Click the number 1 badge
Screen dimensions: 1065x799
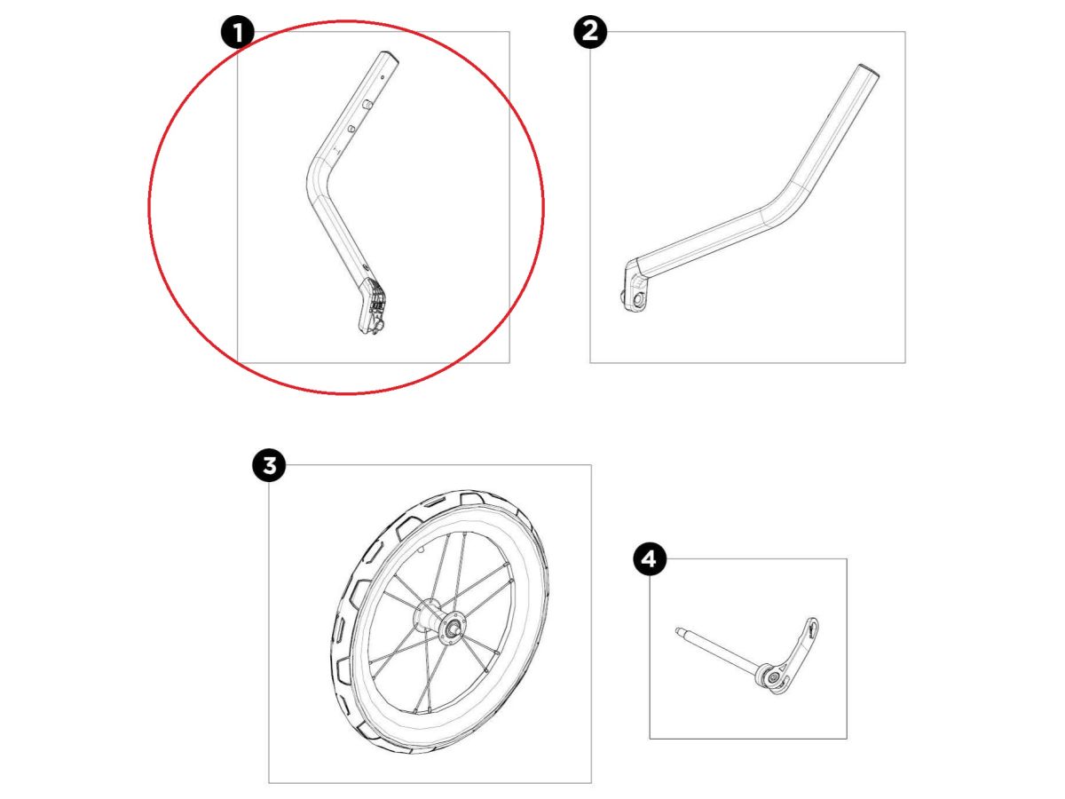(x=238, y=32)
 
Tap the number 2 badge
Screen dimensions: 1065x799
(x=590, y=32)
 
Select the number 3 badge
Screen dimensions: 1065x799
(x=269, y=465)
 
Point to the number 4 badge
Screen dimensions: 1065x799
(x=650, y=559)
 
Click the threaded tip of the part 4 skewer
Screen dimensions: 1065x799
(x=679, y=630)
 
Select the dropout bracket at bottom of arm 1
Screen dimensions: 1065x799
(x=373, y=306)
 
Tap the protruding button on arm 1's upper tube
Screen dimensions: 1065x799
(x=367, y=104)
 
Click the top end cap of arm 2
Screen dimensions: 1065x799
(x=870, y=69)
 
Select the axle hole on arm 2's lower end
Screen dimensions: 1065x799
(x=637, y=300)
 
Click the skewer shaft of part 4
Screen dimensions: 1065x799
(x=719, y=652)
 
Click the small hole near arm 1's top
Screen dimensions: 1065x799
(x=382, y=77)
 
